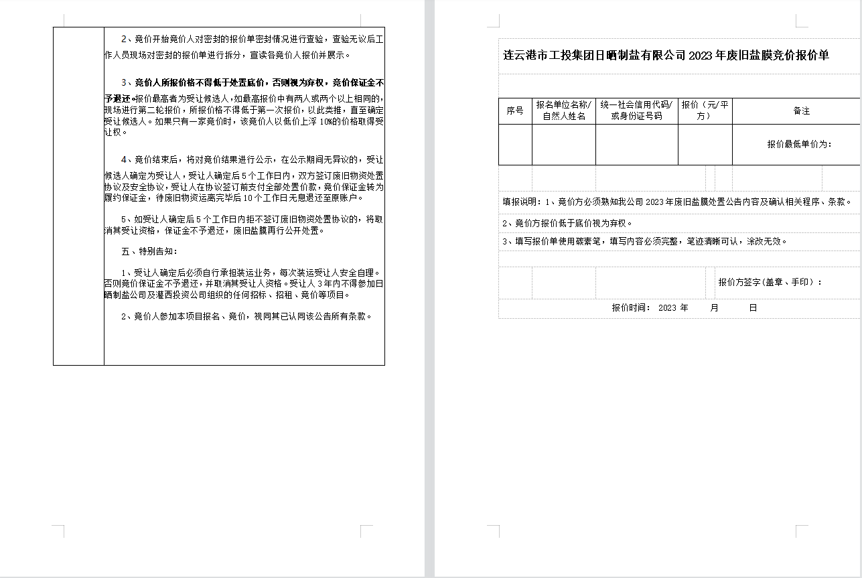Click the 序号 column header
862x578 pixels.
514,111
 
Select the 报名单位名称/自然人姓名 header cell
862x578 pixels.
563,111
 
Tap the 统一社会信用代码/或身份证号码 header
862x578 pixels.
636,111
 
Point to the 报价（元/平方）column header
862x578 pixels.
705,111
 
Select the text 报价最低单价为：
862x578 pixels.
799,144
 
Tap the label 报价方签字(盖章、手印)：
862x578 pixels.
770,282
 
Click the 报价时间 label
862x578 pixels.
630,308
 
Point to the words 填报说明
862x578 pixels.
522,202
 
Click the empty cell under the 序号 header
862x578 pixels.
514,144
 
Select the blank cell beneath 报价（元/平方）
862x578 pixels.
705,144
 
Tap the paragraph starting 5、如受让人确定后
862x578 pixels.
244,225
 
